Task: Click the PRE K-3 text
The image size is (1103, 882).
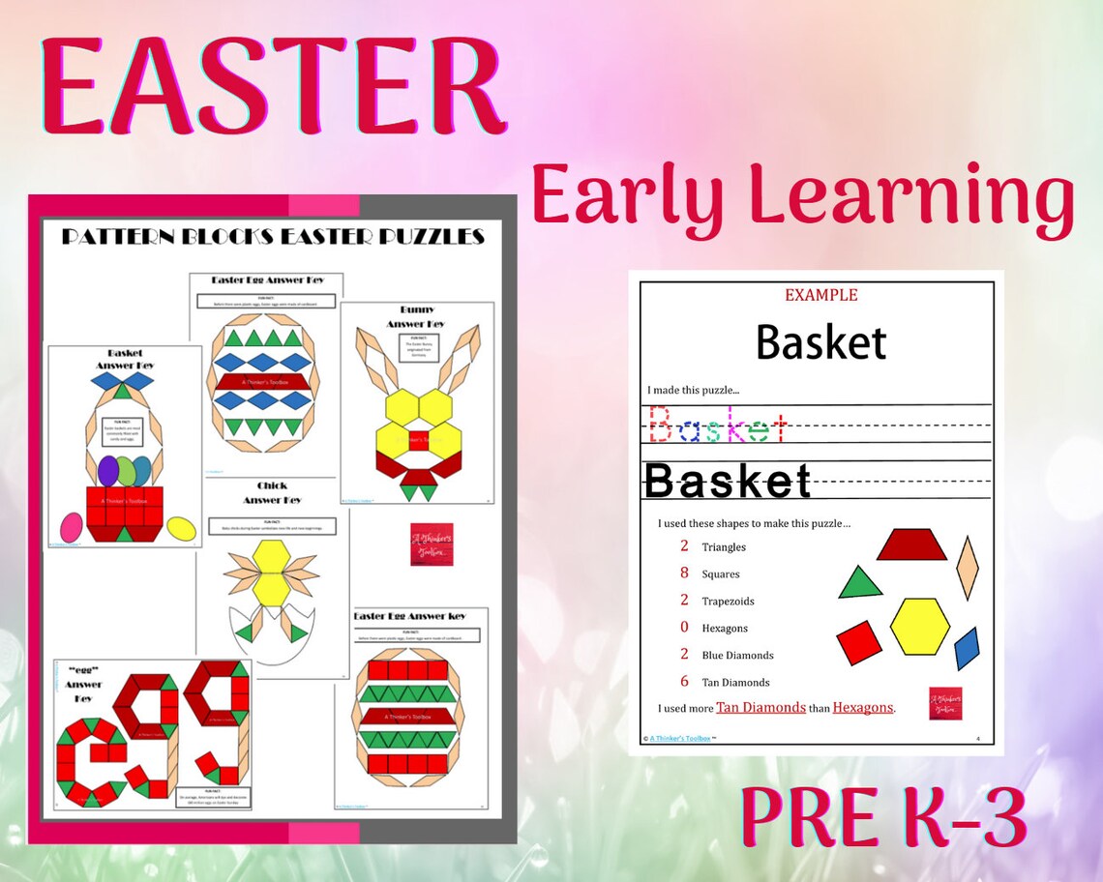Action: pos(882,818)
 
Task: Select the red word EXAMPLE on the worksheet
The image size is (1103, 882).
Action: pos(820,295)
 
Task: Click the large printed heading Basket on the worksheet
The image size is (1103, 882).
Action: pos(820,341)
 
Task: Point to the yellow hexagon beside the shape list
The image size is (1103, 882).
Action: pos(920,626)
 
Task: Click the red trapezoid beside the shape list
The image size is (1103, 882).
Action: pos(910,544)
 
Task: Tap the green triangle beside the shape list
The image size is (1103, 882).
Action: pos(859,583)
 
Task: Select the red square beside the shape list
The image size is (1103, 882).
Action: pos(859,643)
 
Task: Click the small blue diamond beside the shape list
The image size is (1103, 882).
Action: pos(967,648)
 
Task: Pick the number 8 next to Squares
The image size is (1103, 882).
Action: pos(684,573)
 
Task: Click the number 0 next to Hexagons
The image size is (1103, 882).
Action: pos(684,628)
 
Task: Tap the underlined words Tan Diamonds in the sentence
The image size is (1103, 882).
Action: pos(760,707)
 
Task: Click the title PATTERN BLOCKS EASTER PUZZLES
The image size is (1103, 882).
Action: pos(273,237)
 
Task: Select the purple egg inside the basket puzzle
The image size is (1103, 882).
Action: pos(107,472)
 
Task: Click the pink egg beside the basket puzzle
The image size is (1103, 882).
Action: pos(71,526)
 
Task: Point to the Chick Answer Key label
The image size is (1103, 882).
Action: pos(272,492)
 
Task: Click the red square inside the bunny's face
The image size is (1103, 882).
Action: pos(417,443)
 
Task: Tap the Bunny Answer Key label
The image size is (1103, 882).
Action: pos(416,316)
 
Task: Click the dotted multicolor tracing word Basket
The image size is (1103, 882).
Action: pos(716,425)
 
